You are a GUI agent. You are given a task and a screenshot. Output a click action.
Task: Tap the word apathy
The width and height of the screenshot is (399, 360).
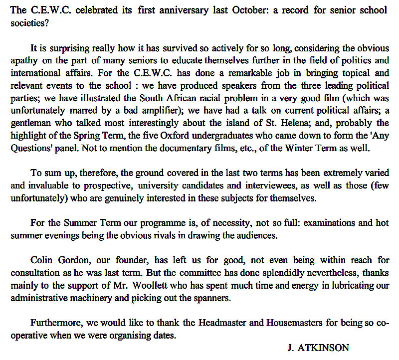coord(24,61)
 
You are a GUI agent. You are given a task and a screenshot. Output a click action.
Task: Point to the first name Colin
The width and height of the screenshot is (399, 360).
coord(41,260)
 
